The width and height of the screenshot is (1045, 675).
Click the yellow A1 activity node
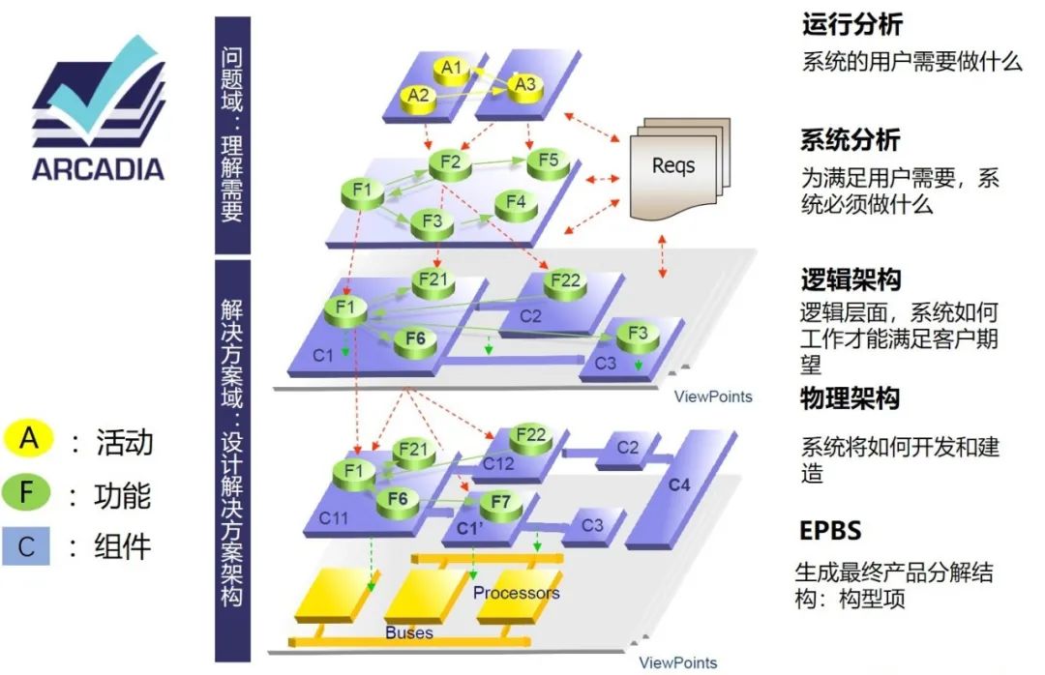452,69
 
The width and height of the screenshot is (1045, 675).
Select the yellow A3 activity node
524,85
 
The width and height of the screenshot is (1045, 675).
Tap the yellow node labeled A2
418,96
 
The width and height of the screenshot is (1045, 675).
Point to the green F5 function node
548,161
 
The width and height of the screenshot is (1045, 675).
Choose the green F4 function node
516,203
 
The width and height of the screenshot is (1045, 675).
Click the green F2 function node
449,162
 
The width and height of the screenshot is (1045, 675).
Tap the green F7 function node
499,502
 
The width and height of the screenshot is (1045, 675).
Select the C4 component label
680,484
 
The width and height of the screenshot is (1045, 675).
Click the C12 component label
498,463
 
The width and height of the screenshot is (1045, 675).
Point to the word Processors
516,592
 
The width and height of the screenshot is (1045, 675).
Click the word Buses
409,633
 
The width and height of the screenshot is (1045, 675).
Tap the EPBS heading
830,531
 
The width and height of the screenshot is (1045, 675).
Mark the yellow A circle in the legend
30,439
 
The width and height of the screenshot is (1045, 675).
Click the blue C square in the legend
30,546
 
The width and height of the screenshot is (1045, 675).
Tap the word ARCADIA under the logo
98,168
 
